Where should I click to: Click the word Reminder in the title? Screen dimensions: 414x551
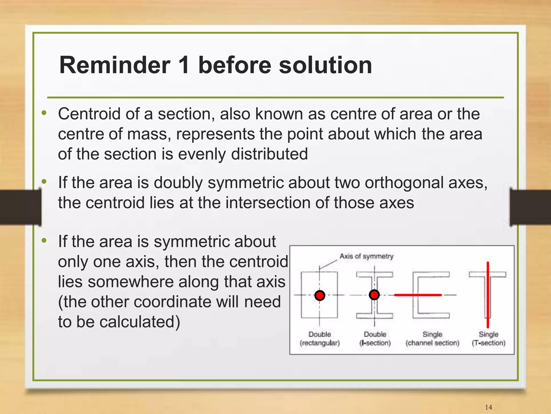115,65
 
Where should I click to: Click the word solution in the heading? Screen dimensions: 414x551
325,65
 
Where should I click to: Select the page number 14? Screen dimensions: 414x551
488,407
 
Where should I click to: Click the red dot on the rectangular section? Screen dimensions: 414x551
320,295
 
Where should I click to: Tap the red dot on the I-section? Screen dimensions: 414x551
374,295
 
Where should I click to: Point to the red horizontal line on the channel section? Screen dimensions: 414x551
418,295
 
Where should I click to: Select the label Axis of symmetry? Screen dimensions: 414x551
366,256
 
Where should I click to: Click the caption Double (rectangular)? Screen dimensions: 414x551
320,339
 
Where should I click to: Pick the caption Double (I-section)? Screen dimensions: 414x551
375,339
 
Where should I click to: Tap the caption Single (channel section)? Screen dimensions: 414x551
432,339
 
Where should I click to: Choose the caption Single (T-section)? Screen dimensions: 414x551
488,339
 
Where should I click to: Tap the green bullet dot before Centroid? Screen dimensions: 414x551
44,113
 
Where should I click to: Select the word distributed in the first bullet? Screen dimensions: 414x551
269,154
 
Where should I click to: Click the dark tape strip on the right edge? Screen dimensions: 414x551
530,207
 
